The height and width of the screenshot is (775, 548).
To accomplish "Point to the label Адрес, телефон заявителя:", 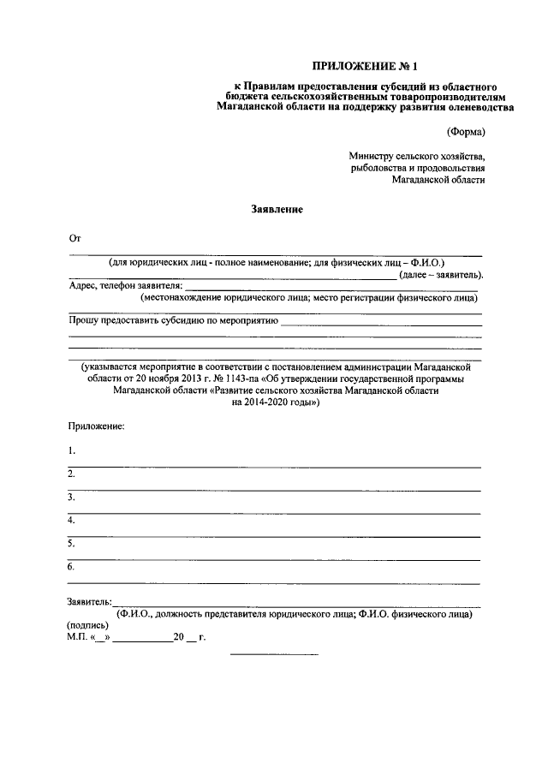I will click(x=125, y=286).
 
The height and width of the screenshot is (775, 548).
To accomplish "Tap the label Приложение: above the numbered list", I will click(x=97, y=426).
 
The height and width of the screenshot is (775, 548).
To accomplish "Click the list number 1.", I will click(x=72, y=450).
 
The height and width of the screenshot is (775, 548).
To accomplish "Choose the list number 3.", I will click(x=72, y=497).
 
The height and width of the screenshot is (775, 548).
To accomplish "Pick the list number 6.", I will click(x=72, y=567).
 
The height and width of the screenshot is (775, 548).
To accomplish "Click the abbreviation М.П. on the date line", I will click(x=77, y=638).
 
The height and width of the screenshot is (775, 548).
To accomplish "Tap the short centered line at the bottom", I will click(x=274, y=655).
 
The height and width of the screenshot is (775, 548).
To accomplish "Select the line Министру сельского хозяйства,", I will click(x=417, y=157).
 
